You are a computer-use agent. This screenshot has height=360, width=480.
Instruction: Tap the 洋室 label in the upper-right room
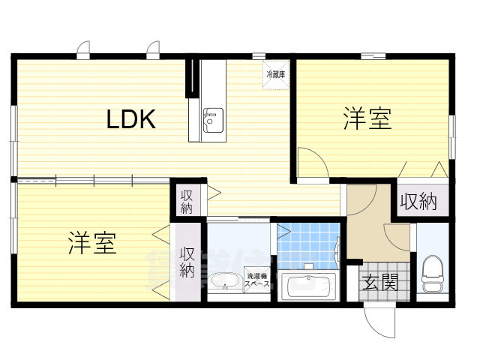click(x=367, y=119)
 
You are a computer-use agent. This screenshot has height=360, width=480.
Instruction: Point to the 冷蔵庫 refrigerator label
click(x=274, y=75)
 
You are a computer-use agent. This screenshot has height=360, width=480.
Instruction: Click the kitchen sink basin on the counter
click(x=210, y=118)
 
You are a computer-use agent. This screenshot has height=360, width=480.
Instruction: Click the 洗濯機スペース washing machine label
click(x=256, y=280)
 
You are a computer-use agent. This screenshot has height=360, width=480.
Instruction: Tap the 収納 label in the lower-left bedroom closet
click(x=187, y=262)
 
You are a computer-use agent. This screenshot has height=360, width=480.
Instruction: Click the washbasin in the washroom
click(x=223, y=283)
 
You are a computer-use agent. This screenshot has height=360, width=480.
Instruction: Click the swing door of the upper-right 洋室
click(x=310, y=160)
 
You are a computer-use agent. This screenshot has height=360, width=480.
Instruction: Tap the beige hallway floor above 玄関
click(x=371, y=217)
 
